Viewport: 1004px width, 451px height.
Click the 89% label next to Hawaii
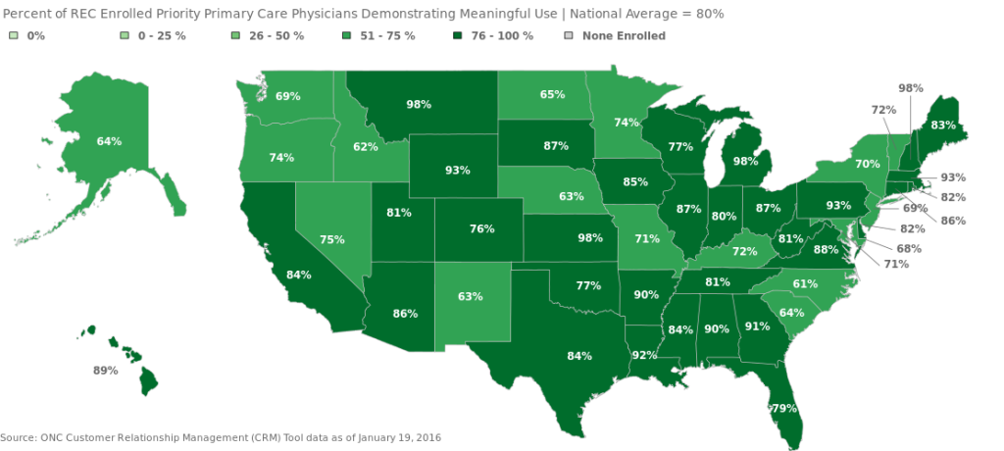[105, 371]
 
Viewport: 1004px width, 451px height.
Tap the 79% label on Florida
[783, 408]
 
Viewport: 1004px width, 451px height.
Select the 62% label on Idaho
[366, 147]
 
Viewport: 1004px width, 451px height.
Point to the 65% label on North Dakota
[552, 95]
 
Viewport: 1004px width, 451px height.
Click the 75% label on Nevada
[331, 239]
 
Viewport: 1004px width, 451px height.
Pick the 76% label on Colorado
[481, 228]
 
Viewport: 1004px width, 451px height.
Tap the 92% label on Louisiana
[644, 356]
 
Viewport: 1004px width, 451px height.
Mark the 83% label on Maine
[943, 125]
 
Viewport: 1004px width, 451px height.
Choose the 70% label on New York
[867, 164]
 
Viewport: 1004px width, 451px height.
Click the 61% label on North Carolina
[805, 283]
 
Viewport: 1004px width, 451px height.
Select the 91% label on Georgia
[757, 327]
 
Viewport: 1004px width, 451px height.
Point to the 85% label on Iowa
[634, 181]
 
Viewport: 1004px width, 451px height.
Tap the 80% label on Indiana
[724, 217]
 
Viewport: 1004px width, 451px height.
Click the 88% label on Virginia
[826, 249]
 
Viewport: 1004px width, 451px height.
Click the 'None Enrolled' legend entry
[624, 36]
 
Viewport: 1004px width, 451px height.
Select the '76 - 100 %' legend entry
[501, 36]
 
